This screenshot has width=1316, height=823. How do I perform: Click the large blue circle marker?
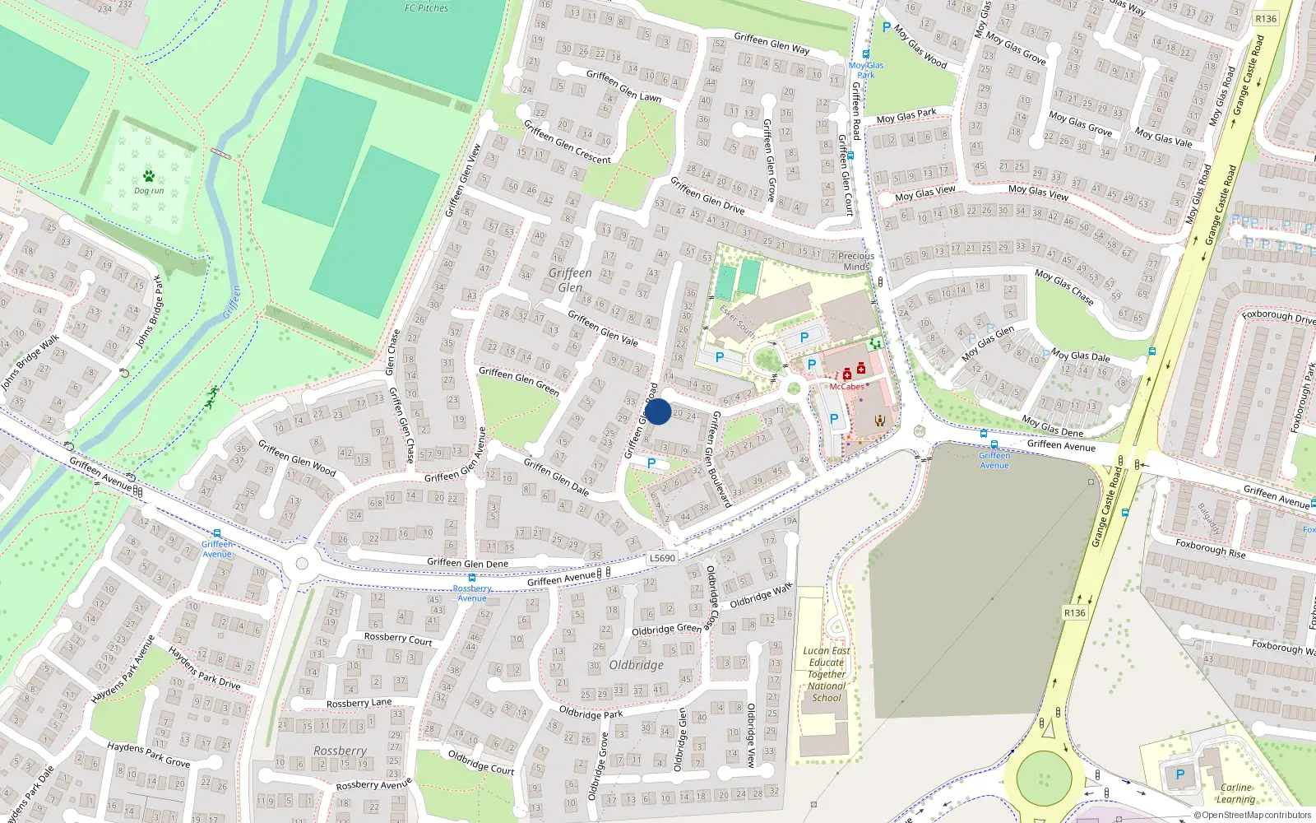(658, 411)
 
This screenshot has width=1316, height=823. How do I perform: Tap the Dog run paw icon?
(149, 175)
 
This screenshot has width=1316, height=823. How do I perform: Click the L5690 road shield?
(662, 558)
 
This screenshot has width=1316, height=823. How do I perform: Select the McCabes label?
(846, 387)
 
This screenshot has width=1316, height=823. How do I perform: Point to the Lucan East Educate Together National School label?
(827, 674)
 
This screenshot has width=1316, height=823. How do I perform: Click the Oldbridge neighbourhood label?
(636, 665)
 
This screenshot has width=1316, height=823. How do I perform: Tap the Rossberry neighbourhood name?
(340, 751)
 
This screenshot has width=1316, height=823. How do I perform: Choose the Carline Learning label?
(1236, 793)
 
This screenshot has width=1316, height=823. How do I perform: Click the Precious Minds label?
(856, 261)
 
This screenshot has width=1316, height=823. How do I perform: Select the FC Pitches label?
(426, 8)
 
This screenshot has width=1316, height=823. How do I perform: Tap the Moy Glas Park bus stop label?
(866, 70)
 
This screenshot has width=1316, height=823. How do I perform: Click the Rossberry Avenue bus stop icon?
(472, 578)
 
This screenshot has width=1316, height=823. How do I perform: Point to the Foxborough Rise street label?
(1210, 549)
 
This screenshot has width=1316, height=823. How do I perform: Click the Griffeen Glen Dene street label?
(467, 563)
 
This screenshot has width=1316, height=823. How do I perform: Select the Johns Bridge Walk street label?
(30, 362)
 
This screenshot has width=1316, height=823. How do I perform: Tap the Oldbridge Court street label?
(480, 762)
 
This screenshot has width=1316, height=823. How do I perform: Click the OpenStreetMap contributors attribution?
(1253, 816)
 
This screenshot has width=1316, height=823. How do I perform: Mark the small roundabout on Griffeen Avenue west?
(301, 564)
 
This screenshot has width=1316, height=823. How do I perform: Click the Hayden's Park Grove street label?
(148, 754)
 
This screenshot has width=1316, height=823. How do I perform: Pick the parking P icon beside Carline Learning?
(1180, 774)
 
